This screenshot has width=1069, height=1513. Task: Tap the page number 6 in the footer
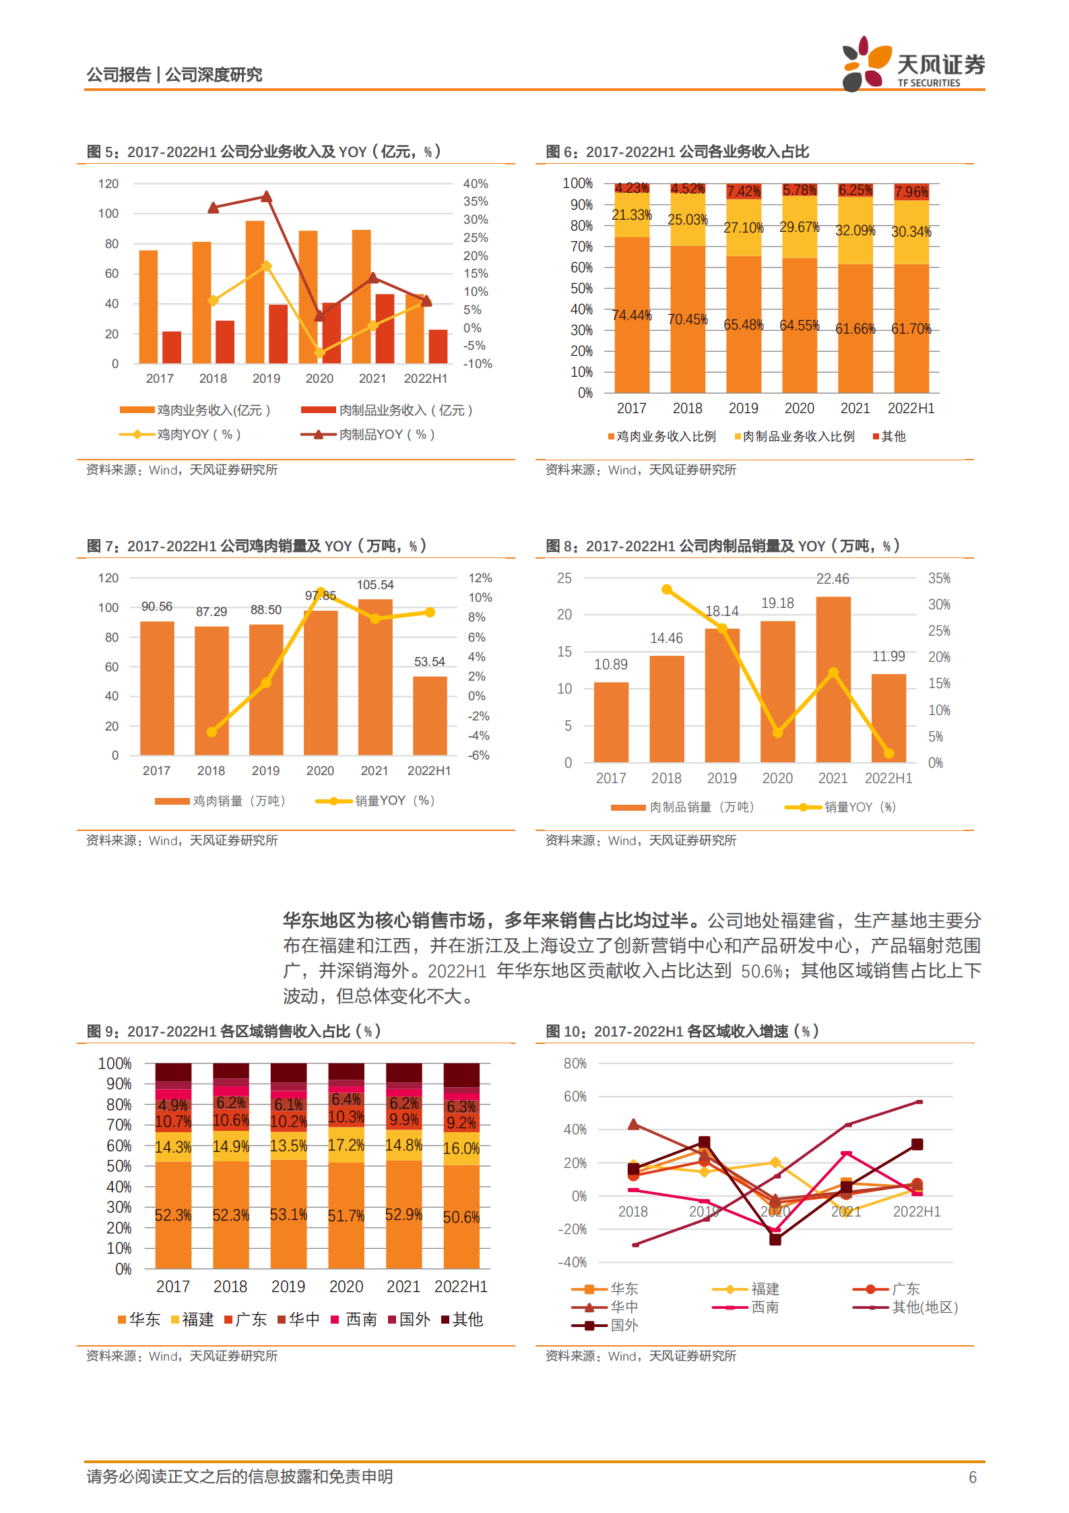[972, 1477]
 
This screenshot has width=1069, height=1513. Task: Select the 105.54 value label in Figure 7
[375, 585]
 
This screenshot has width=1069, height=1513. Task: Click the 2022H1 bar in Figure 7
[430, 715]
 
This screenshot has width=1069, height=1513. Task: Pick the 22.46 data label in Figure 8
[833, 579]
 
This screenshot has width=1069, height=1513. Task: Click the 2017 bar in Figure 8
[611, 722]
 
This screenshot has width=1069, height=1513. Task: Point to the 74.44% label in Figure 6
[631, 315]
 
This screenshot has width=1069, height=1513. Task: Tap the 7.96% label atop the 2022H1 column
[911, 192]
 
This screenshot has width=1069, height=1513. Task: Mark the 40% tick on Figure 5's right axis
[475, 184]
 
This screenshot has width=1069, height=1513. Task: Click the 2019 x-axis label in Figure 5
[266, 379]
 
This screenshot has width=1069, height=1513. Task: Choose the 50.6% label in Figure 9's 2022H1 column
[461, 1217]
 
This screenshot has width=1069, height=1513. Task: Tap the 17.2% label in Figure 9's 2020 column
[346, 1145]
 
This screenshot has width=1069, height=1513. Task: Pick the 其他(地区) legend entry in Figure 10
[924, 1307]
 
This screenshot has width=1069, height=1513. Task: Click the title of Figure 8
[722, 546]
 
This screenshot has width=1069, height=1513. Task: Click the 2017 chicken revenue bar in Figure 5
[148, 307]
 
